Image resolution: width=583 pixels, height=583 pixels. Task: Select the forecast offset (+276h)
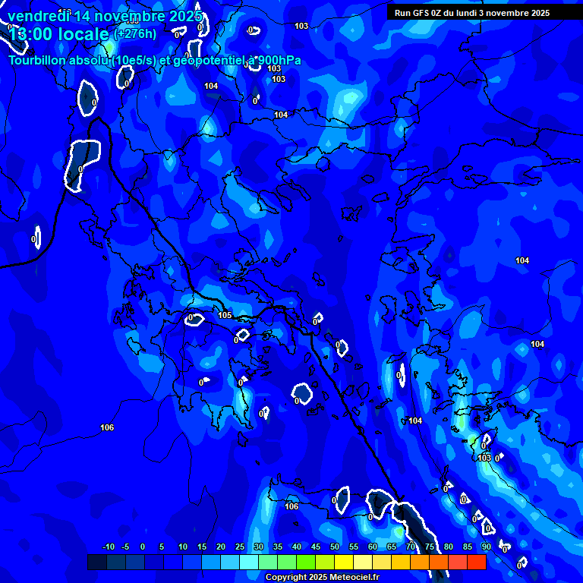tap(134, 34)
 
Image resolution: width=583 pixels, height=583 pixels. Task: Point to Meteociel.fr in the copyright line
tap(359, 578)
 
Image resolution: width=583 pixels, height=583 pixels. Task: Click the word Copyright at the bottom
tap(287, 578)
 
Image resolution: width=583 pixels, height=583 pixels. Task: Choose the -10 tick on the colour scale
tap(108, 547)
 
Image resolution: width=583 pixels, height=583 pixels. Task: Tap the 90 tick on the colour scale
tap(486, 547)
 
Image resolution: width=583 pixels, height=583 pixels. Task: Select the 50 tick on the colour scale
tap(335, 547)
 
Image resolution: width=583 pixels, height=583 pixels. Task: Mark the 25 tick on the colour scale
tap(240, 547)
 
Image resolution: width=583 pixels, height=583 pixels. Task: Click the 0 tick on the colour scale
tap(143, 547)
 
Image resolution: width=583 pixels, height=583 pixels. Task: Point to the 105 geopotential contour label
tap(225, 315)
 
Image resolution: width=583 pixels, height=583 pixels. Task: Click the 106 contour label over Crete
tap(291, 506)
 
